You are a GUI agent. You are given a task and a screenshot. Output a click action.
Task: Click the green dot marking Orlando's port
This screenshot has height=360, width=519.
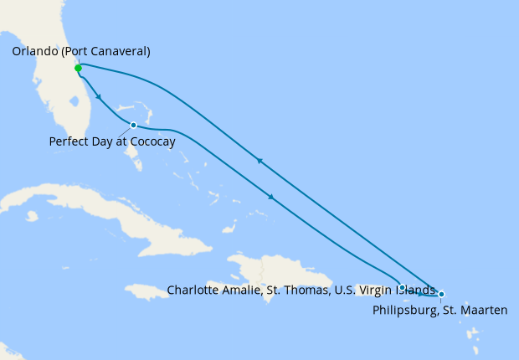click(x=78, y=68)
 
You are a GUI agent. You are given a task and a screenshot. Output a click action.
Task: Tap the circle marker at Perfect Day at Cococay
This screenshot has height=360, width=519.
click(x=134, y=125)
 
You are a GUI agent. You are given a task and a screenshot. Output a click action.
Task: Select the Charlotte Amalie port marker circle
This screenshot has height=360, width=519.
click(x=403, y=287)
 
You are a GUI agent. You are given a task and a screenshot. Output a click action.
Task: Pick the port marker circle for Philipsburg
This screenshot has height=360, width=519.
click(x=441, y=294)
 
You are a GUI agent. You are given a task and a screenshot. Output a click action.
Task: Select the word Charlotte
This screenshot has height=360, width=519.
click(x=194, y=290)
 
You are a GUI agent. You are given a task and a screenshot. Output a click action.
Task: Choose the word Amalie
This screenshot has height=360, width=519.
click(x=246, y=290)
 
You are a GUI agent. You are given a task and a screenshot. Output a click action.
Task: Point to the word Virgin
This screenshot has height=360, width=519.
click(x=376, y=290)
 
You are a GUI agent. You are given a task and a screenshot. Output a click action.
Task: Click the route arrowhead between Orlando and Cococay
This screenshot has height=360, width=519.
click(x=100, y=97)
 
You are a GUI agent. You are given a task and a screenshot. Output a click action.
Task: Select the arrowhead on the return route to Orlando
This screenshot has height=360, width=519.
click(x=260, y=161)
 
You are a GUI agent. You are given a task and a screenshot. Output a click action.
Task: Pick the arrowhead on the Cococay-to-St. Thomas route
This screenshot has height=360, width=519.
click(x=271, y=198)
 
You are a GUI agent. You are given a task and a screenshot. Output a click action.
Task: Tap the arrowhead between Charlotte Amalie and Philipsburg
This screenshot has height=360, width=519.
click(x=421, y=293)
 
